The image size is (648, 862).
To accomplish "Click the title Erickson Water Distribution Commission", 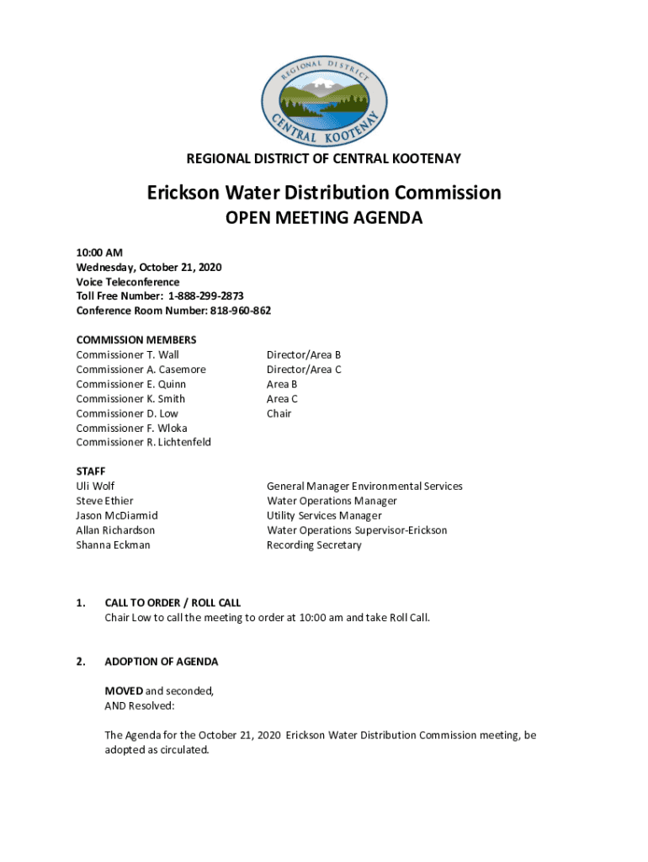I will point(324,193).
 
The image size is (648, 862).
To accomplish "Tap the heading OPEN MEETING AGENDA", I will point(323,219).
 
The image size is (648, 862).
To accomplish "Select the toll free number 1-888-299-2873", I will point(205,296).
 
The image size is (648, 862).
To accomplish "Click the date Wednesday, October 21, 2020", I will point(149,267).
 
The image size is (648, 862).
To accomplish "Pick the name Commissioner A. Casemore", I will point(141,370).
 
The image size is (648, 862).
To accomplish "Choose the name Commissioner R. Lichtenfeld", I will point(143,442).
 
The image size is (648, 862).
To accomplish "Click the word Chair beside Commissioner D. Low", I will point(279,413).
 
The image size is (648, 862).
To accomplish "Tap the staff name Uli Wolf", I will point(95,487).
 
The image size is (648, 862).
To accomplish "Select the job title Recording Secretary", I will point(314,545).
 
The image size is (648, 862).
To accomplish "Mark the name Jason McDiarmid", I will point(116,515).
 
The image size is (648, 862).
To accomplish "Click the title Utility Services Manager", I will point(324,515).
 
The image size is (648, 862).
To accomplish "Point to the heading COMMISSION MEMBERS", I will point(136,340).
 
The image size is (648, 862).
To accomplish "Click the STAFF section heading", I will point(90,471).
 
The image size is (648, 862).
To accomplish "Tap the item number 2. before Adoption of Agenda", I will point(80,662).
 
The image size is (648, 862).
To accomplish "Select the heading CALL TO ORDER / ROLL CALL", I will point(173,603).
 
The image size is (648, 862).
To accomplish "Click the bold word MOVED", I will point(123,691).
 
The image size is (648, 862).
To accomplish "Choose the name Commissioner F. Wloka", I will point(131,428).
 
